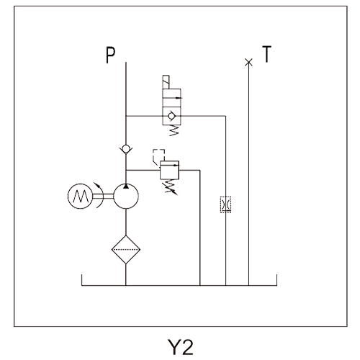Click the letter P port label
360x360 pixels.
tap(111, 55)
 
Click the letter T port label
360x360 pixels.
tap(266, 54)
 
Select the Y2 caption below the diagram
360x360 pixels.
tap(180, 347)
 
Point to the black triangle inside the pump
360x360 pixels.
tap(126, 186)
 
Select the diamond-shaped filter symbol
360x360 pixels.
tap(126, 250)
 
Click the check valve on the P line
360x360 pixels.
tap(126, 149)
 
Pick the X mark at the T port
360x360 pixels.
tap(248, 62)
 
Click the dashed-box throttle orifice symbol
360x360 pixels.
tap(225, 204)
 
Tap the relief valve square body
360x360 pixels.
tap(169, 170)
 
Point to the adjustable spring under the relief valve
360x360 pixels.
tap(171, 186)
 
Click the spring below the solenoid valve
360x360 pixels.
tap(174, 130)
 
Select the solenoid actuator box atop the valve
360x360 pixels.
tap(166, 82)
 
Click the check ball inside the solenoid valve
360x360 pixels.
tap(171, 116)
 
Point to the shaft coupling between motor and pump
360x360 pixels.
tap(103, 197)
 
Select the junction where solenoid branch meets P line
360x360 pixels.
tap(126, 116)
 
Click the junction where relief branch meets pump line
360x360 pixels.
tap(126, 171)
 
